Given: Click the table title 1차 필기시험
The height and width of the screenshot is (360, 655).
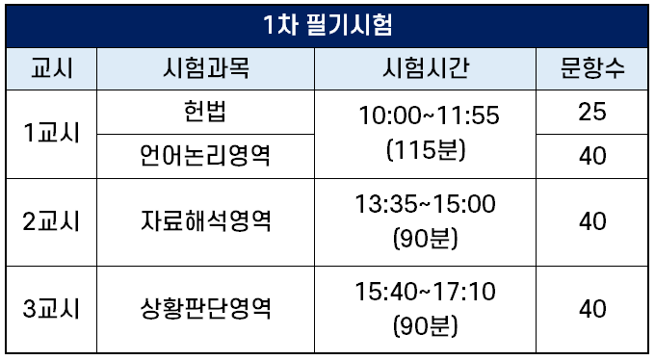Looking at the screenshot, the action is [x=327, y=25].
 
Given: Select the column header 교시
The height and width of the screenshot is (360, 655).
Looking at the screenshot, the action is [x=52, y=68].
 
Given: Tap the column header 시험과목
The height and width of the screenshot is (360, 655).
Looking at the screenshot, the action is [x=206, y=68].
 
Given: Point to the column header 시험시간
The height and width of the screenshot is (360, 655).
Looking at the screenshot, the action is [x=426, y=68].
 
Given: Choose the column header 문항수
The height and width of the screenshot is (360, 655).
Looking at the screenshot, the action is [x=592, y=68].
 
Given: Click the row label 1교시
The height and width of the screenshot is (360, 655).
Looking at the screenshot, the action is [x=51, y=133].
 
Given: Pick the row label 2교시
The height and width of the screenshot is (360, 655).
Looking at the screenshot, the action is [x=51, y=221].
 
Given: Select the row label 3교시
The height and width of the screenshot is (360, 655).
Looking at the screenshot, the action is [x=51, y=309].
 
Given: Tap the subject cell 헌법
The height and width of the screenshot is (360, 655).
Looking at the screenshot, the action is [x=205, y=112].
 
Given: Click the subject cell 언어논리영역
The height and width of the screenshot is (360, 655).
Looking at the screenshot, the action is [x=205, y=155].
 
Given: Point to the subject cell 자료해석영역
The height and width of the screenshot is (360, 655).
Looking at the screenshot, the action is [x=205, y=221].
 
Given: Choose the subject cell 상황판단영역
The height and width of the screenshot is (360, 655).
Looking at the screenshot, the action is [x=205, y=309].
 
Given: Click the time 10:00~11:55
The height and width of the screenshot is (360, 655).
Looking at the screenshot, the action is [x=429, y=116].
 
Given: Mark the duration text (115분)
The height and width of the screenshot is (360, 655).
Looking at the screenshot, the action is [x=426, y=149].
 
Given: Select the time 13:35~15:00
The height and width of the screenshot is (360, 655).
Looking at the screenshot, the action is [x=425, y=204].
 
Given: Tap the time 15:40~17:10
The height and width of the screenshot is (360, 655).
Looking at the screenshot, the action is [x=425, y=292].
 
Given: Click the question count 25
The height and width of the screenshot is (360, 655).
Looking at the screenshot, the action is [x=592, y=112].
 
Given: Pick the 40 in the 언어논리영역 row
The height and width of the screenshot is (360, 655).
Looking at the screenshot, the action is [x=592, y=156].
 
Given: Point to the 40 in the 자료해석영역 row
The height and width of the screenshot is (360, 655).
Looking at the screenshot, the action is [x=592, y=221].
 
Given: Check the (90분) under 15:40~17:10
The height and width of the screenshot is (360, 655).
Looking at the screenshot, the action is [x=426, y=325].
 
